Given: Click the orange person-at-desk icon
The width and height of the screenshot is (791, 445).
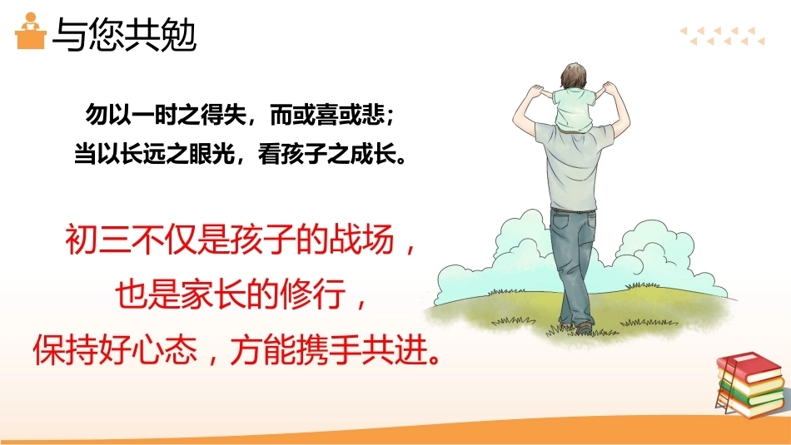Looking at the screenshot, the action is (31, 32).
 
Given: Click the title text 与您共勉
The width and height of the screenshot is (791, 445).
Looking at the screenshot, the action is (124, 35).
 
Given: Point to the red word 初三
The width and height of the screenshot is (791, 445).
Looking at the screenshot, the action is (97, 239).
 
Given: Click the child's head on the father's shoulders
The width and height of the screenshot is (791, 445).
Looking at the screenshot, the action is (574, 76).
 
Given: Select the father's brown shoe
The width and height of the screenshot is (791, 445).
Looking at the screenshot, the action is (584, 329).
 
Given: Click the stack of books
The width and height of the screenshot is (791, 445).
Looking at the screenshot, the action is (750, 384).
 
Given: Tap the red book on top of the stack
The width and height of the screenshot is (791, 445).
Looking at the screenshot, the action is (749, 366).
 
